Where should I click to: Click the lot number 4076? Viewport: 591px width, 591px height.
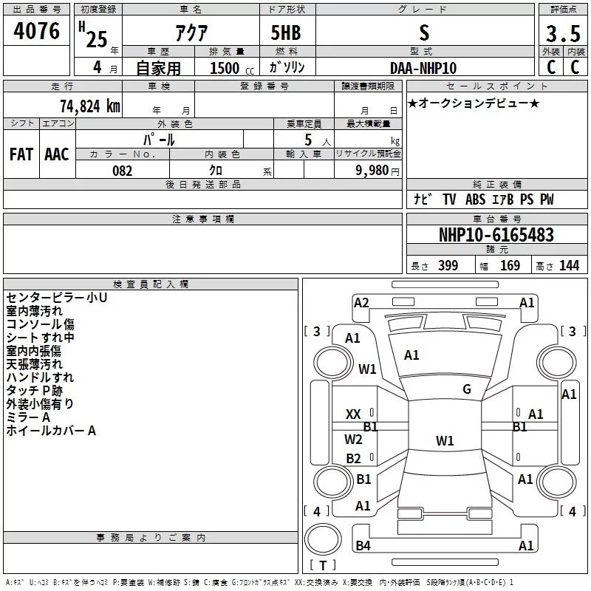(37, 31)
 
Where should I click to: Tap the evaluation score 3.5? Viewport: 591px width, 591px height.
(562, 33)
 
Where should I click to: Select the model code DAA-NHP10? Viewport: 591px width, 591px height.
(423, 68)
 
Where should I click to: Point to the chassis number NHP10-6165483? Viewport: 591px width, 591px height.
(496, 236)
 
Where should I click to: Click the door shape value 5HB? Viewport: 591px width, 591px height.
(284, 33)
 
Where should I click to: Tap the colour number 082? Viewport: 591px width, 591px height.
(122, 171)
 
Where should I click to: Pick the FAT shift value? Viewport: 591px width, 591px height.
(21, 154)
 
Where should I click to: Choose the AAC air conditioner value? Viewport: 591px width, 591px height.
(57, 154)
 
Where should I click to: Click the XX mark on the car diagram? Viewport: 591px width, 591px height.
(354, 414)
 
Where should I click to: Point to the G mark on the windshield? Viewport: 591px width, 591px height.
(467, 389)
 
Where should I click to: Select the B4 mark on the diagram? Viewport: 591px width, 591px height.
(362, 546)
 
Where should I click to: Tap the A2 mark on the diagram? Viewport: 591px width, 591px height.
(361, 302)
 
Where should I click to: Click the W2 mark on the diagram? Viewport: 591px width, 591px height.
(354, 440)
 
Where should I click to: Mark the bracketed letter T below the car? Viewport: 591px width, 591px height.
(323, 566)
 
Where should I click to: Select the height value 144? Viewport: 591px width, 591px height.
(570, 266)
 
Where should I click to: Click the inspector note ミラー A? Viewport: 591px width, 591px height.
(28, 417)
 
